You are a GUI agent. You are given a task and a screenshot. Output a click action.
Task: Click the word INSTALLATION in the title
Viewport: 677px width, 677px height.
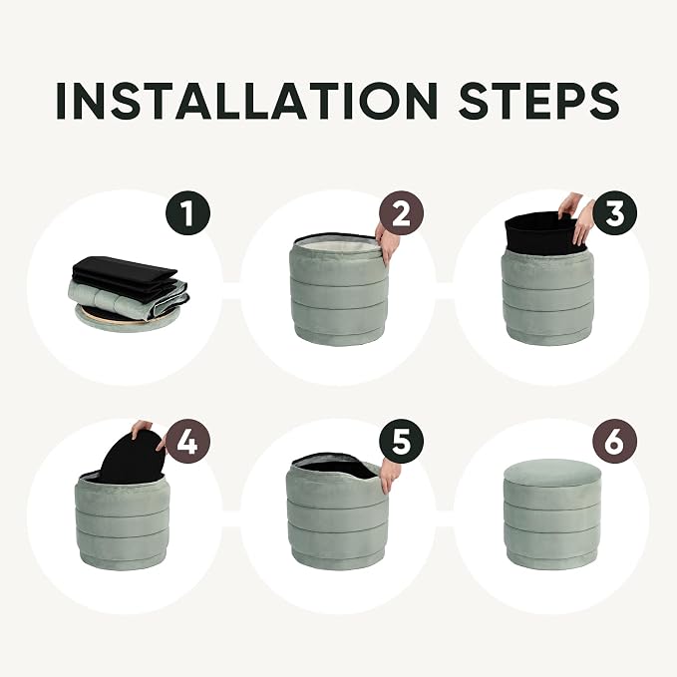click(246, 101)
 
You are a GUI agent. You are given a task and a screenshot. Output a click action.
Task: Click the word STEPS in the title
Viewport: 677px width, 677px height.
click(539, 101)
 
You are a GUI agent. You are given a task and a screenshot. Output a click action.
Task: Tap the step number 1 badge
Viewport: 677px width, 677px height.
click(187, 212)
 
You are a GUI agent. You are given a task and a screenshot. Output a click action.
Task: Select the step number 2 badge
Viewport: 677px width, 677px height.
click(402, 212)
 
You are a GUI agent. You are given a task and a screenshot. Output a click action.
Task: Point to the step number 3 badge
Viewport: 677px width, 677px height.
click(614, 212)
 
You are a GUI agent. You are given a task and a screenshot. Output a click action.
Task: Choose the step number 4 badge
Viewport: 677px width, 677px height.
click(187, 442)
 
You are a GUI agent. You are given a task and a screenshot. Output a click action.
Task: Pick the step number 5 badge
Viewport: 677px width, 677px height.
click(402, 442)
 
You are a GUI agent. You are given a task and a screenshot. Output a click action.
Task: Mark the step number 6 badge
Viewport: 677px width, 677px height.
click(614, 442)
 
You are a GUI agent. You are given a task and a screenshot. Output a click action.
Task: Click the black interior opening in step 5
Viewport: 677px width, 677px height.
click(335, 470)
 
